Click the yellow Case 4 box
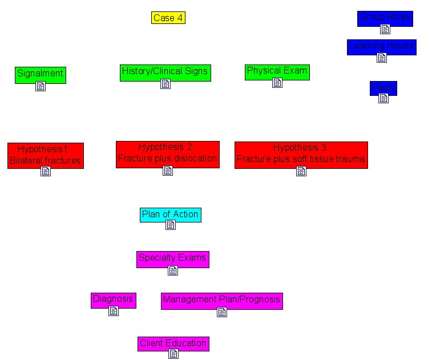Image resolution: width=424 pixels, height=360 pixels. coord(168,18)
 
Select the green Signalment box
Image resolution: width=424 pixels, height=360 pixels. coord(40,74)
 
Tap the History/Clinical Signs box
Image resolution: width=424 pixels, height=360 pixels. coord(165,72)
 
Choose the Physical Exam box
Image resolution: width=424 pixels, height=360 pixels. coord(277,71)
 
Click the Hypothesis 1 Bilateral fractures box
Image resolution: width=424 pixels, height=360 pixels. coord(46,155)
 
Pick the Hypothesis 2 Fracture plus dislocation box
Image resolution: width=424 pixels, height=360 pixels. coord(167,153)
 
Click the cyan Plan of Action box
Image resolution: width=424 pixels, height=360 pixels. coord(170,215)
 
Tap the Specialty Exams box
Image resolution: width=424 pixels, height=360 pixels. coord(172,258)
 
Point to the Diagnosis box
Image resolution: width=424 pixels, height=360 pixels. coord(113,299)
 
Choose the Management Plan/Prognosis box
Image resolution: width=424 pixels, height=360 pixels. coord(221,300)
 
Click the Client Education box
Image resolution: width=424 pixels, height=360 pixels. coord(173,343)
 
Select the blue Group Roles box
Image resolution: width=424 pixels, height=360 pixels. coord(385,18)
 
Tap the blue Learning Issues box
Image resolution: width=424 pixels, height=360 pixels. coord(381,46)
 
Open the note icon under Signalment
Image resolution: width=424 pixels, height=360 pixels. coord(40,87)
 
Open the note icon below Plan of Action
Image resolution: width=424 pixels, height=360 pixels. coord(170,225)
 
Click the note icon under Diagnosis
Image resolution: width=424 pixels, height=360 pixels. coord(113,311)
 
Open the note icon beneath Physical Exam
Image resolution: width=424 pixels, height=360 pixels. coord(277,83)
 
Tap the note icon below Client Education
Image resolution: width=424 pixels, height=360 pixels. coord(173,354)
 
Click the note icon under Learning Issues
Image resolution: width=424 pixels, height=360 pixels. coord(382,58)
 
